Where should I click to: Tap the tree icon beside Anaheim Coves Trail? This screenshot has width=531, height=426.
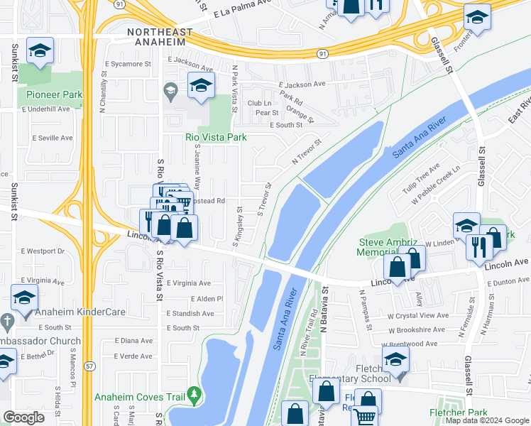[192, 397]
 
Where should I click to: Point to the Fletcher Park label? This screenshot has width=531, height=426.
[459, 413]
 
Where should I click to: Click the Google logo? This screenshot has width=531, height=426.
[23, 417]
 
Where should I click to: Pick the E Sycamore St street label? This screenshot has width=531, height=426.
[128, 64]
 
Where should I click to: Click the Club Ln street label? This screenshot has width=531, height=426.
[259, 103]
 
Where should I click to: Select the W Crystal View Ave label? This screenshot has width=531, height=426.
[417, 315]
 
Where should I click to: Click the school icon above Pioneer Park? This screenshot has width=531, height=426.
[39, 50]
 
